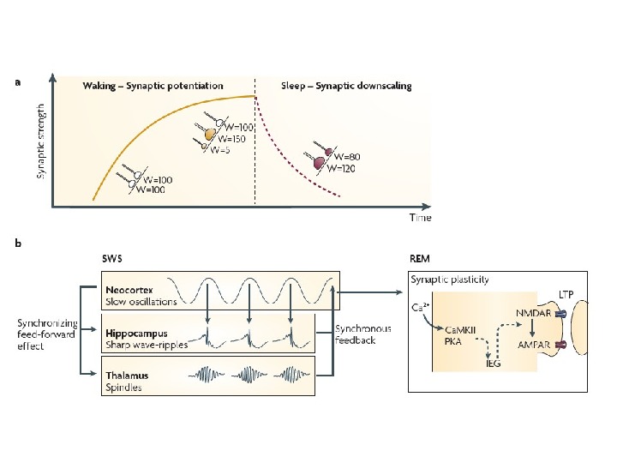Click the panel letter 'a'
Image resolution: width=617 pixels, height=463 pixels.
[x=17, y=82]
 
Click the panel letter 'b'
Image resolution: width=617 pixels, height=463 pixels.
[x=17, y=244]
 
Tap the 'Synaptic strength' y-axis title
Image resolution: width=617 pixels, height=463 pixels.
[x=40, y=141]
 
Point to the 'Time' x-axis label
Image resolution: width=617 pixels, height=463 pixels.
[x=419, y=218]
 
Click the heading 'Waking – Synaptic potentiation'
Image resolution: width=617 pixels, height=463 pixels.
[x=153, y=86]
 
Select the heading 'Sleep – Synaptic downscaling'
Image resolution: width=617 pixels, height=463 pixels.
[x=346, y=86]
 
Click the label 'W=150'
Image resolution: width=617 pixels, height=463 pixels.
[x=231, y=138]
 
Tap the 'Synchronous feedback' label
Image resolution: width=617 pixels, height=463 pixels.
[x=363, y=334]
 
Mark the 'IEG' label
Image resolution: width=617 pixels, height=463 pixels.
[x=493, y=363]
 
